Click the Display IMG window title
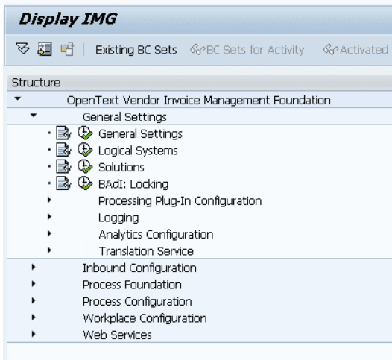(68, 19)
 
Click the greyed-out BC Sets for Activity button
(247, 50)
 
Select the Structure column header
(36, 83)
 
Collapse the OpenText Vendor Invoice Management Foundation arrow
(17, 98)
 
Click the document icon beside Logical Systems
(63, 150)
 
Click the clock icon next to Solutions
(85, 166)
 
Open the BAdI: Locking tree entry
(133, 184)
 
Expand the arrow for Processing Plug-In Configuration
(49, 200)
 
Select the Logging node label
(118, 218)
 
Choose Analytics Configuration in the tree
(156, 235)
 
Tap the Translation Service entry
(146, 251)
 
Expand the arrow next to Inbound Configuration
(34, 267)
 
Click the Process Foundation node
(132, 285)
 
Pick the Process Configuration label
(137, 302)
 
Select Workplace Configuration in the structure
(145, 318)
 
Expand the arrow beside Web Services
(34, 334)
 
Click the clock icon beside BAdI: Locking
(85, 183)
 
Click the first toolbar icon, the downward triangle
(22, 48)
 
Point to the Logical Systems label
(138, 151)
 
